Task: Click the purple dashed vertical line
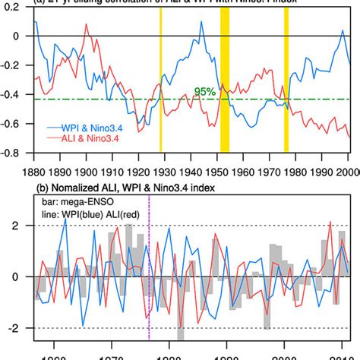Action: tap(150, 304)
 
